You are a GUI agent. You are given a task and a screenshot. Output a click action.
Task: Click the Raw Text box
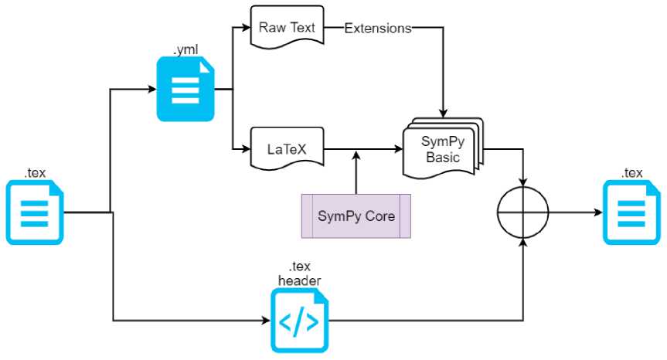[x=287, y=28]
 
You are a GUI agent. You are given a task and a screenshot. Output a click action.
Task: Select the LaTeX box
[x=287, y=148]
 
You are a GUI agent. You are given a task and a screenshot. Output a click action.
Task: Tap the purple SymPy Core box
[x=356, y=215]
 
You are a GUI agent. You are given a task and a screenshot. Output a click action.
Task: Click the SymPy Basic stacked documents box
[x=442, y=146]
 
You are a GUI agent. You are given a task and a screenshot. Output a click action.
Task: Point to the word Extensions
[x=377, y=29]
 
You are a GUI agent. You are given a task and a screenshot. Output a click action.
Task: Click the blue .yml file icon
[x=185, y=91]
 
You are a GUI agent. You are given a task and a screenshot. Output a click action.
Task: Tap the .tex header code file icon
[x=298, y=319]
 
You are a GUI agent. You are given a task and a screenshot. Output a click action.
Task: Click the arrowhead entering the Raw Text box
[x=245, y=28]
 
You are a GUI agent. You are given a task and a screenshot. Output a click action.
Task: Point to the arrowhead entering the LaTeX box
[x=245, y=148]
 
